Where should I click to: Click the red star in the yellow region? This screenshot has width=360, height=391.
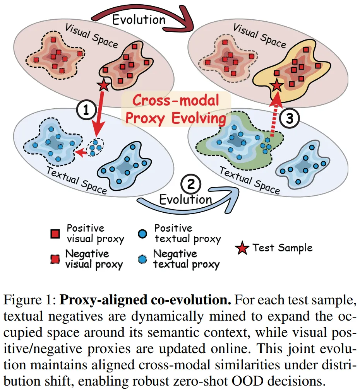pyautogui.click(x=277, y=85)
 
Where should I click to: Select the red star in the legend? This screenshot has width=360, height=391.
pyautogui.click(x=242, y=249)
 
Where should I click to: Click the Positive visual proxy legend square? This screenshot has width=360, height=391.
pyautogui.click(x=55, y=234)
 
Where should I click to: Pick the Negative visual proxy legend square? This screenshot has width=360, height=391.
pyautogui.click(x=55, y=259)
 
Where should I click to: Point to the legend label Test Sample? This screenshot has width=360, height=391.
pyautogui.click(x=282, y=248)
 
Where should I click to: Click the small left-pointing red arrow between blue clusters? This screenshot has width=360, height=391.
pyautogui.click(x=81, y=154)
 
